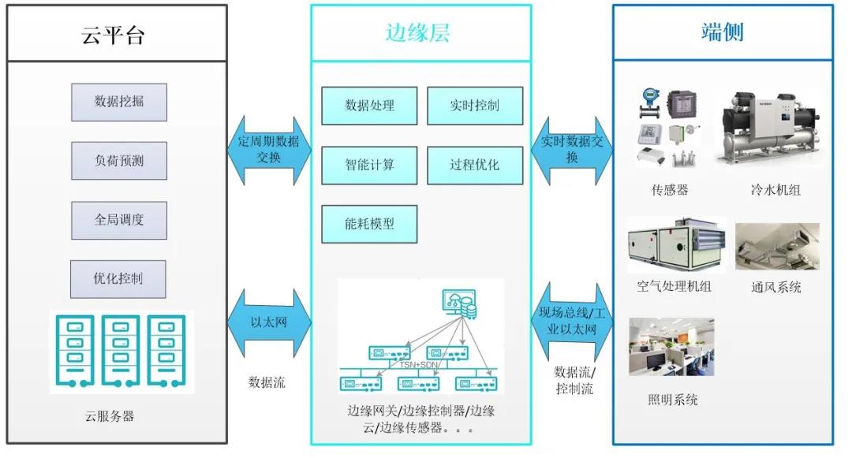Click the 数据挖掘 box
(x=119, y=102)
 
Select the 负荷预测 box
(x=119, y=161)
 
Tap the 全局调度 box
(x=119, y=220)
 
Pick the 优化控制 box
(x=118, y=278)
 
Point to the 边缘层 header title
(x=418, y=33)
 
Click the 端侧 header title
(x=722, y=32)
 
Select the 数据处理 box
(x=369, y=106)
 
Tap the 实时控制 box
(x=475, y=106)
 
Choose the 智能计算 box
(x=369, y=166)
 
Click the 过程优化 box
(x=475, y=166)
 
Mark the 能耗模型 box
(x=369, y=224)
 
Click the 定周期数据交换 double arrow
(x=269, y=151)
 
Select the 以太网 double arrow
(x=269, y=322)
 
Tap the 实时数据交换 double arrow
(x=572, y=151)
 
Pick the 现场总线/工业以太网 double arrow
(x=572, y=322)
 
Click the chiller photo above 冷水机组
(x=767, y=128)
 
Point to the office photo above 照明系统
(x=671, y=347)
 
